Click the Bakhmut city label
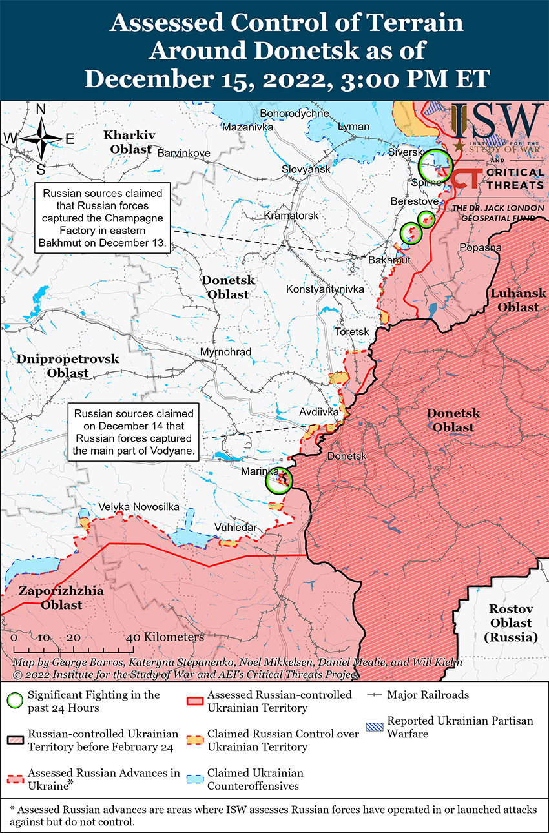pos(389,260)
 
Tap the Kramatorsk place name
pos(291,215)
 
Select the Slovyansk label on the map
pos(306,169)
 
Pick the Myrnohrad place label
pos(225,352)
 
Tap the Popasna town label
pos(480,247)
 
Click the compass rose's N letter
pos(40,110)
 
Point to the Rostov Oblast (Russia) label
pos(510,622)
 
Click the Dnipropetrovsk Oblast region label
pos(68,365)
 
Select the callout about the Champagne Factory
pos(103,218)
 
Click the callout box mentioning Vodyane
pos(134,432)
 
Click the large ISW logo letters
pos(497,121)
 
